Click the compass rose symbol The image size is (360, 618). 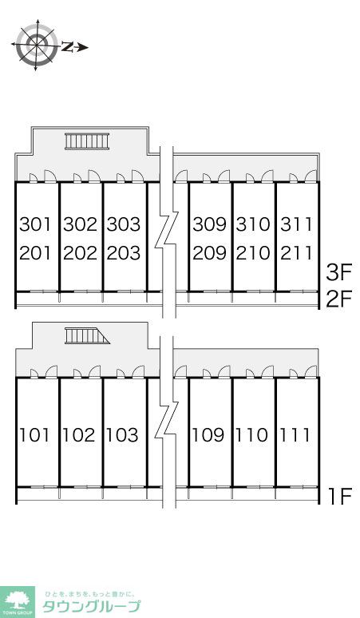[x=36, y=45]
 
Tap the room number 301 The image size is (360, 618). [x=35, y=224]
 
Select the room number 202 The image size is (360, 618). [x=80, y=253]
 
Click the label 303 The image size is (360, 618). [x=124, y=224]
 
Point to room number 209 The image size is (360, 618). [x=210, y=253]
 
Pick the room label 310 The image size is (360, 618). [x=253, y=224]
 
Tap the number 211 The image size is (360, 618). [x=297, y=253]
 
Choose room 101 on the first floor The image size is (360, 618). [x=34, y=435]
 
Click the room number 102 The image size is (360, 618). [x=79, y=435]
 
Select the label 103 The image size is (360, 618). [x=122, y=435]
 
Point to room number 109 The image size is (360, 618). [x=208, y=435]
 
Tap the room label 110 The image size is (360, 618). [x=251, y=435]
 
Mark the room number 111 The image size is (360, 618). [x=295, y=435]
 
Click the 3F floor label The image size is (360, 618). [x=338, y=273]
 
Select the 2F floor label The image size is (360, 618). [x=338, y=299]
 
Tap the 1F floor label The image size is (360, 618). [x=340, y=496]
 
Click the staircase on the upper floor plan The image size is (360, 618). [x=87, y=141]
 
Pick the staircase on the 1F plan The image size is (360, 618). [x=87, y=336]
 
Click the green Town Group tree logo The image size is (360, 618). [x=18, y=602]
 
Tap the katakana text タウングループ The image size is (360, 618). [x=91, y=605]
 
